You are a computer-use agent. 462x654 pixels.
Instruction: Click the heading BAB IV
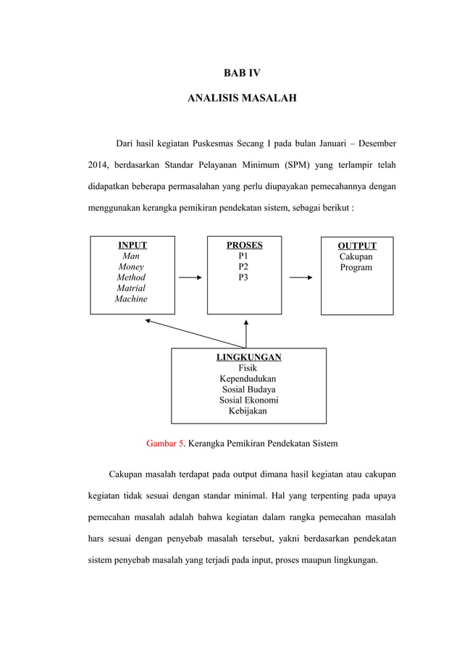[x=242, y=72]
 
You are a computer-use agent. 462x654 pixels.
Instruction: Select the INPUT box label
[x=133, y=246]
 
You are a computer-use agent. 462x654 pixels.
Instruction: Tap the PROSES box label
[x=244, y=246]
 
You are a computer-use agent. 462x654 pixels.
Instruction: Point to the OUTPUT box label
[x=357, y=246]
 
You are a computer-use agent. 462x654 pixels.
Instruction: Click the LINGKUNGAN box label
[x=249, y=357]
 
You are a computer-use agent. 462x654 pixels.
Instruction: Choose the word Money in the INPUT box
[x=131, y=267]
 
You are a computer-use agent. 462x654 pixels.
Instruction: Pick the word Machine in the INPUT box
[x=131, y=299]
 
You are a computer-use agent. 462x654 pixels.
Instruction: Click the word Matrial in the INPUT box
[x=131, y=288]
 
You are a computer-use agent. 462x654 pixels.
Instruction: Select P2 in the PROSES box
[x=243, y=267]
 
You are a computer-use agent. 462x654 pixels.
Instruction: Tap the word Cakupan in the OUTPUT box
[x=356, y=256]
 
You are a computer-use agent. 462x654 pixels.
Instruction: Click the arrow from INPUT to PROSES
[x=190, y=277]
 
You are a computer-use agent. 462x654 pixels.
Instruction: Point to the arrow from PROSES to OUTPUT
[x=301, y=277]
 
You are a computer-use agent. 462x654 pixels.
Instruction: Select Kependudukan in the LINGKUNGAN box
[x=248, y=379]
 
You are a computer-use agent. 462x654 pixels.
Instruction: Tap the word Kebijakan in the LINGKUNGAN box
[x=248, y=411]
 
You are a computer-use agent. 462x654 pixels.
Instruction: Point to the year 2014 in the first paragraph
[x=98, y=164]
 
